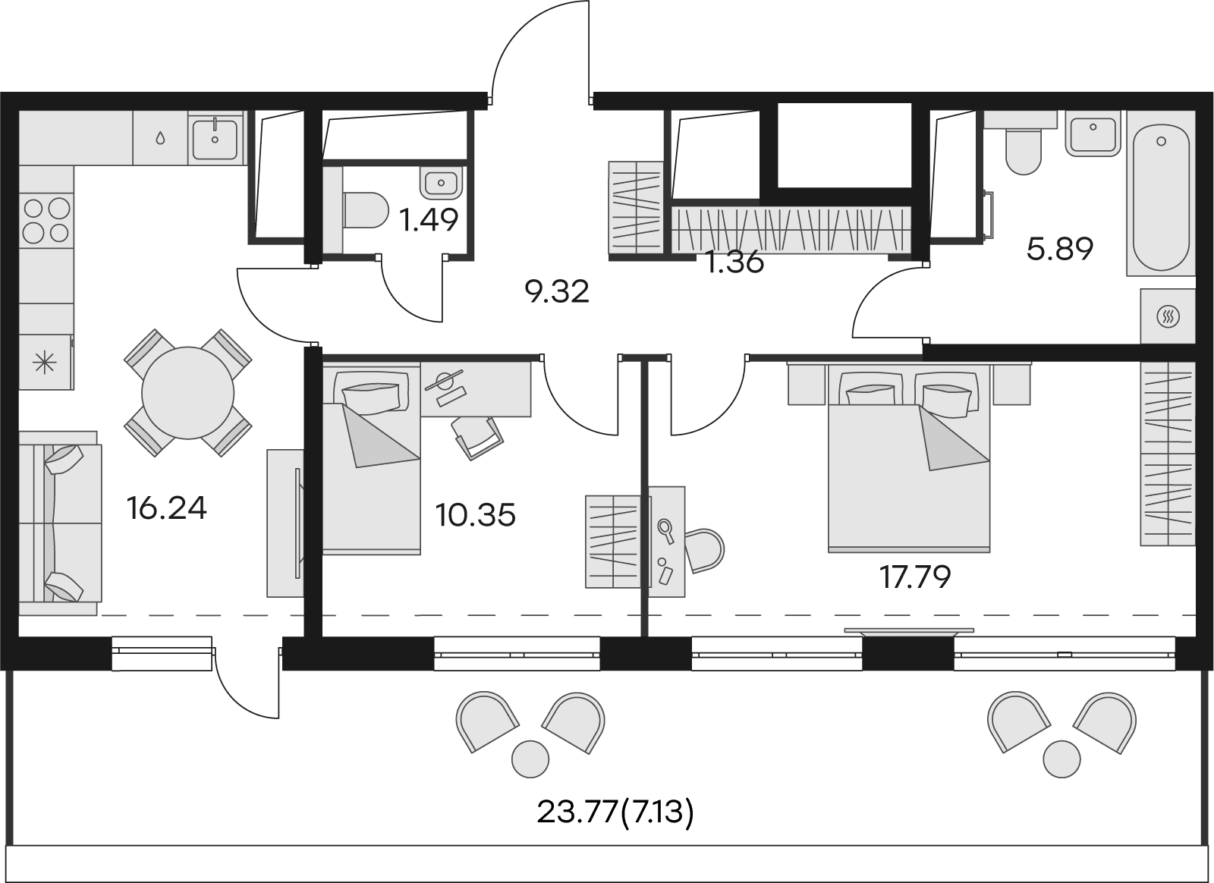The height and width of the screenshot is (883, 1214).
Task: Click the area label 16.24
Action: [166, 508]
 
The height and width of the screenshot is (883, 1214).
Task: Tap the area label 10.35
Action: [475, 514]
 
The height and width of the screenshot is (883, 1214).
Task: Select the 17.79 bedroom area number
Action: [915, 577]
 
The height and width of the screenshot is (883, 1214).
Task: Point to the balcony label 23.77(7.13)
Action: [615, 828]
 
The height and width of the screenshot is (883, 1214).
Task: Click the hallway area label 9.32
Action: [557, 292]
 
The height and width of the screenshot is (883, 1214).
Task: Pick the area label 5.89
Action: [1060, 250]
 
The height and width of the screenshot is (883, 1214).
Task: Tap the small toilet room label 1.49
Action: [429, 220]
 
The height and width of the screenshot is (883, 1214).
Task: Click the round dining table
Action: [187, 393]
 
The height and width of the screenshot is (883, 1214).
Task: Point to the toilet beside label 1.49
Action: [366, 210]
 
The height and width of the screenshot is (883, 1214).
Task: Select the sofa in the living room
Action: [60, 523]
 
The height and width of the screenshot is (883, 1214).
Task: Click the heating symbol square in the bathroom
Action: [1168, 316]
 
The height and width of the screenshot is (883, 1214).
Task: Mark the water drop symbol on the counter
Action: [160, 138]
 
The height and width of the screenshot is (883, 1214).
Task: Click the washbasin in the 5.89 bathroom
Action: [1093, 134]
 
